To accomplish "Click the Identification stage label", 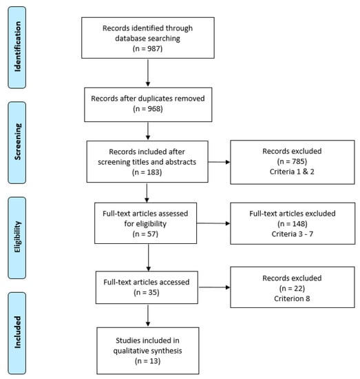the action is [17, 46].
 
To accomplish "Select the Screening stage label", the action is [17, 141].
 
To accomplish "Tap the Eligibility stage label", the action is [17, 237].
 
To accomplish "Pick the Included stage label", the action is [17, 332].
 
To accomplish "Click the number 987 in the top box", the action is [153, 49].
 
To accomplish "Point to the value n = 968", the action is [148, 109].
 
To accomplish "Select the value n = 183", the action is [147, 172].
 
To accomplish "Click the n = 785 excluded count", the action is [292, 161].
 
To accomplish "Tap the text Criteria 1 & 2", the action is [292, 172].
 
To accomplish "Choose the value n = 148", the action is [293, 223].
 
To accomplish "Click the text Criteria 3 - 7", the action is [293, 234].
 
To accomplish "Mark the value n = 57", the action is [145, 234].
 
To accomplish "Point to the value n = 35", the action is [147, 292].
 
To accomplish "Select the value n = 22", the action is [292, 288].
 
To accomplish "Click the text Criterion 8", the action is [292, 298].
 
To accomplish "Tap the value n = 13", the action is [147, 361].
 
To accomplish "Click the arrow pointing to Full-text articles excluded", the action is [213, 223].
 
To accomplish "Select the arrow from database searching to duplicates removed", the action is [148, 73].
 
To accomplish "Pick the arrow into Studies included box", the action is [148, 315].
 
